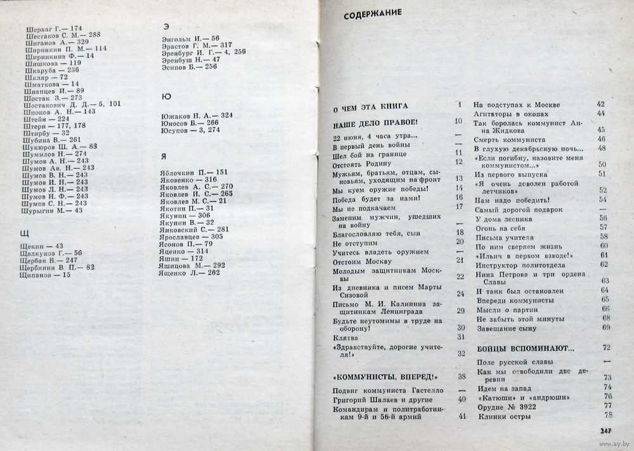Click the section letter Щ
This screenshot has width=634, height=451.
pos(25,233)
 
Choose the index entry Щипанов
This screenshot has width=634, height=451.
pos(48,275)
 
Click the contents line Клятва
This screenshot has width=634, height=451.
pos(346,337)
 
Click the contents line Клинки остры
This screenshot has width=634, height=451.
pos(505,416)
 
